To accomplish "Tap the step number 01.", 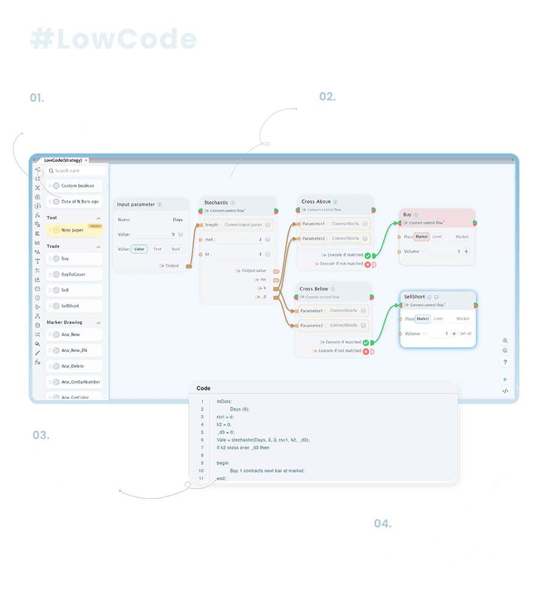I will point(37,97).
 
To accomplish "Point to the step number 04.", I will point(382,523).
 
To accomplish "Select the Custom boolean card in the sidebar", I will point(76,186).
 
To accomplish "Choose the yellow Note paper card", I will point(73,230).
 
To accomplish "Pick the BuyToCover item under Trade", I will point(74,275).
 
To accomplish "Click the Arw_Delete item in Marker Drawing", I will point(74,366).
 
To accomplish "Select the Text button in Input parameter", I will point(158,249).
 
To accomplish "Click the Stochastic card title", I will point(216,203).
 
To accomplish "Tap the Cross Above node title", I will point(315,202).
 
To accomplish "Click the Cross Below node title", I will point(314,289).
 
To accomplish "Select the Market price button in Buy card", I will point(421,237).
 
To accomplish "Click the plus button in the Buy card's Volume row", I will point(466,252).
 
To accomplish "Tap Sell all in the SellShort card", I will point(465,334).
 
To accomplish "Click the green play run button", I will point(505,379).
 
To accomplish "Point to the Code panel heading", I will point(203,388).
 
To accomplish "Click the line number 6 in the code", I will point(202,440).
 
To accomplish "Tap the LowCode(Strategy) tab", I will point(63,160).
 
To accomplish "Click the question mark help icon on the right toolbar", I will point(505,362).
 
